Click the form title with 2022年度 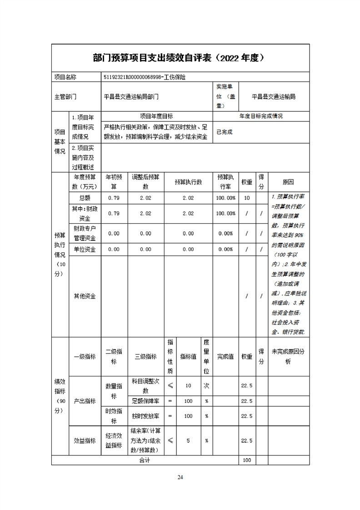180,58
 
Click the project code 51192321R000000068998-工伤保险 145,77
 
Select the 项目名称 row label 65,77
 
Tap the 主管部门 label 65,97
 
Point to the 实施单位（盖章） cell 226,96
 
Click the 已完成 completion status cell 225,132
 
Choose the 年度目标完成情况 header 261,116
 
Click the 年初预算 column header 114,182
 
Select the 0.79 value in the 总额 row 114,198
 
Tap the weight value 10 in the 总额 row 247,198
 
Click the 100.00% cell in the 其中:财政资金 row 226,214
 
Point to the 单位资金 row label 85,250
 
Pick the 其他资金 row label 85,296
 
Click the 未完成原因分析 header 288,357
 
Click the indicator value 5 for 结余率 188,440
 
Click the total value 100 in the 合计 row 247,460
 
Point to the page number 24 180,477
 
